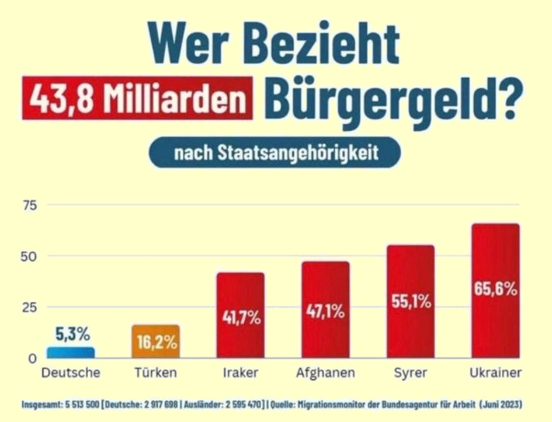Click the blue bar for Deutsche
[x=70, y=353]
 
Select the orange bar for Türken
[x=155, y=341]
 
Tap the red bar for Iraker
[x=240, y=315]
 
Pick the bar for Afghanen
[x=325, y=309]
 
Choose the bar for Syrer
[x=411, y=301]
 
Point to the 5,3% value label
[x=73, y=334]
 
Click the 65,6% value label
[x=495, y=289]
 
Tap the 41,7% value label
[x=241, y=318]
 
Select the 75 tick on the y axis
[x=30, y=205]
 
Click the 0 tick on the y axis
[x=33, y=358]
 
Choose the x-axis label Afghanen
[x=325, y=372]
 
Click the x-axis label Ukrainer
[x=495, y=372]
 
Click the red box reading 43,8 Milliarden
[x=137, y=98]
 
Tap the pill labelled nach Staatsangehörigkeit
[x=275, y=153]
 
